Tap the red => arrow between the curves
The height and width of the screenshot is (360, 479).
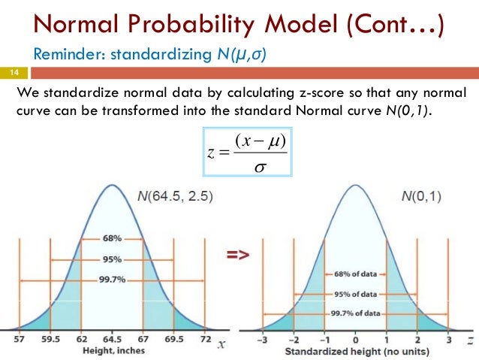click(238, 256)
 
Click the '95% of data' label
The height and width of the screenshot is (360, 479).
click(356, 294)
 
